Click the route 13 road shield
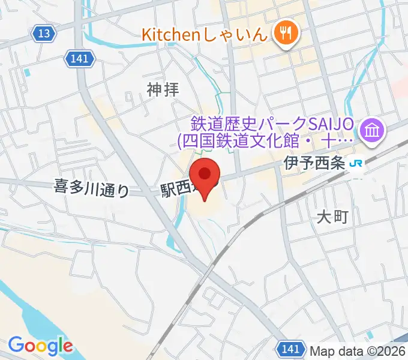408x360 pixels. (44, 34)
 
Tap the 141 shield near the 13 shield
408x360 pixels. (77, 58)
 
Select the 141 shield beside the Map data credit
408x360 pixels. (291, 347)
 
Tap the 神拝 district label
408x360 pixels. (163, 90)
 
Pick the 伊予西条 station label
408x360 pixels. (315, 163)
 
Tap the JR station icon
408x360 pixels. (358, 163)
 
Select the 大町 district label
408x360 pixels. (332, 217)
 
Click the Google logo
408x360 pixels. (40, 346)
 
